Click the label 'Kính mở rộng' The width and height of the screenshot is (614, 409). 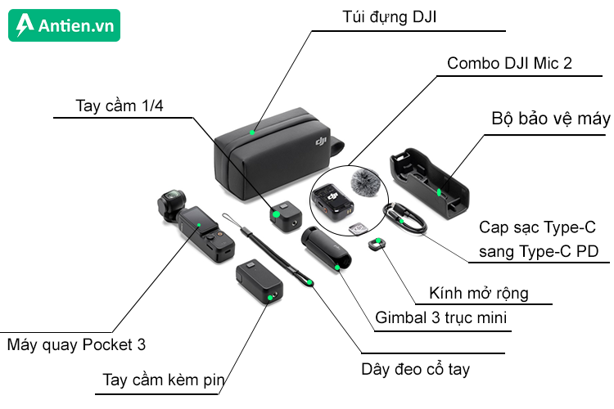click(479, 292)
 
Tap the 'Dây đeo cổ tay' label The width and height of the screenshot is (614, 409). click(416, 369)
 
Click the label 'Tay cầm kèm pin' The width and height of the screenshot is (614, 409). click(164, 380)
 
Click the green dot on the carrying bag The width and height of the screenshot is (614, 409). click(254, 130)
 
